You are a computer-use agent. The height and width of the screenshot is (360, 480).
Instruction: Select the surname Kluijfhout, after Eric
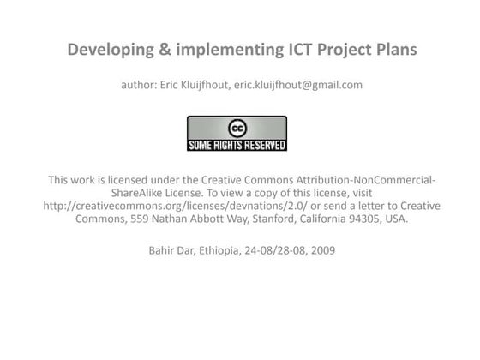[201, 84]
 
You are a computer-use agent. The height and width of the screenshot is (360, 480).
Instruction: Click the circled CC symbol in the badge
[237, 128]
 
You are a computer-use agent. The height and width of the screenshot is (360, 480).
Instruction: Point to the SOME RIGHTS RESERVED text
[237, 144]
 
